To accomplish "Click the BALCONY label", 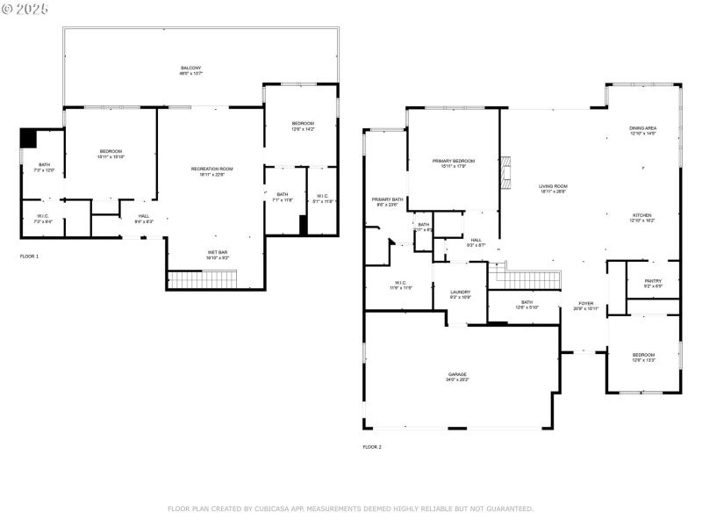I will point(191,69).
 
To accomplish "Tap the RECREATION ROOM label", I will point(212,169).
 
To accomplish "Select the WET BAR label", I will point(217,254).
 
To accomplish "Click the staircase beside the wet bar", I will point(202,280).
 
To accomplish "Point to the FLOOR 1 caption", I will point(30,256).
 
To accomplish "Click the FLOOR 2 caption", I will point(372,447).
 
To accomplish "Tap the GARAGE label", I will point(458,374).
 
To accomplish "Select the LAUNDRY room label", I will point(461,292).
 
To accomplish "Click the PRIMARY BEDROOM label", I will point(453,162).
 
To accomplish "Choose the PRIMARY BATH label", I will point(387,199).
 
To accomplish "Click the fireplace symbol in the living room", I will point(505,174).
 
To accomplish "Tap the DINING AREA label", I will point(643,129).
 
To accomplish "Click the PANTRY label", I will point(653,282).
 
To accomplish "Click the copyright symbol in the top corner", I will point(8,8).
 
